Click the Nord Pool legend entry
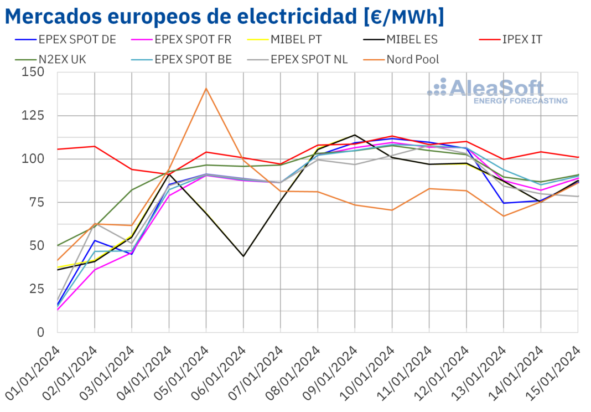(x=413, y=59)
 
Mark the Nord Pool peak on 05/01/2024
(x=206, y=89)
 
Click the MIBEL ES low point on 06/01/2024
(x=243, y=256)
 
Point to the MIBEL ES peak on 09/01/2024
(x=355, y=135)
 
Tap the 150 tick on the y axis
(x=33, y=73)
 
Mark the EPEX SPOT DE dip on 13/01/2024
(x=504, y=203)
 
